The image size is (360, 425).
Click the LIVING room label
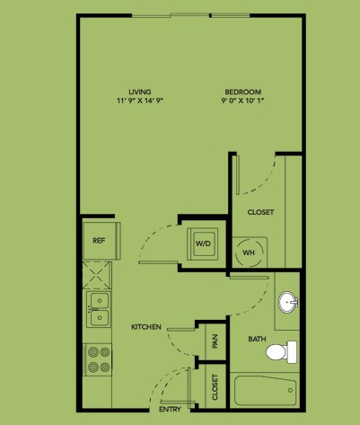click(140, 92)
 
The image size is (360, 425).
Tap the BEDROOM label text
click(243, 92)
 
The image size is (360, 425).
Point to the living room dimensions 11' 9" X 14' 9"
click(140, 101)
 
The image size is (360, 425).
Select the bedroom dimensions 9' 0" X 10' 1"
click(242, 101)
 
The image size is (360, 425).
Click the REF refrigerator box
click(101, 241)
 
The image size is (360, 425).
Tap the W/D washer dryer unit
click(203, 243)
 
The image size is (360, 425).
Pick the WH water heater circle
click(250, 252)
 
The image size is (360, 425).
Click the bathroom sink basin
click(288, 302)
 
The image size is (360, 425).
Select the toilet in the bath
click(281, 351)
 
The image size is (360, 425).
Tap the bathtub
click(265, 391)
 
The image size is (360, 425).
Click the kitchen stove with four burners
click(99, 359)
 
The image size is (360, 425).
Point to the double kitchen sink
click(99, 309)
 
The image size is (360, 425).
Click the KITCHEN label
click(146, 327)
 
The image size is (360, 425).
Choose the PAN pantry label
click(215, 341)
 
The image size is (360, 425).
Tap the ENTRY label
click(170, 410)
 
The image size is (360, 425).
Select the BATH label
click(257, 339)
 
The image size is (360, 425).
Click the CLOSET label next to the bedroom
click(260, 212)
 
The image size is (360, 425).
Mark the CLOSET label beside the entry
click(215, 387)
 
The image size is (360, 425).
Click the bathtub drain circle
click(290, 390)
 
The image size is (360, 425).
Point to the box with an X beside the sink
click(97, 275)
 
